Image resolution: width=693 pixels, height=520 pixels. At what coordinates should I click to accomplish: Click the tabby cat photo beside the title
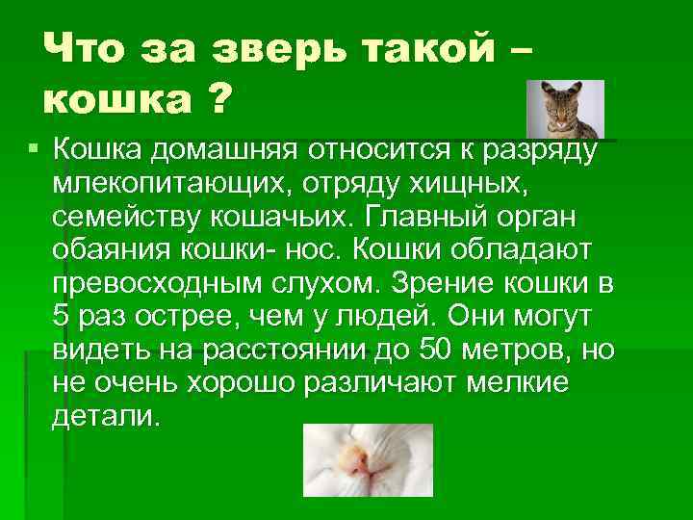coord(566,110)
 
